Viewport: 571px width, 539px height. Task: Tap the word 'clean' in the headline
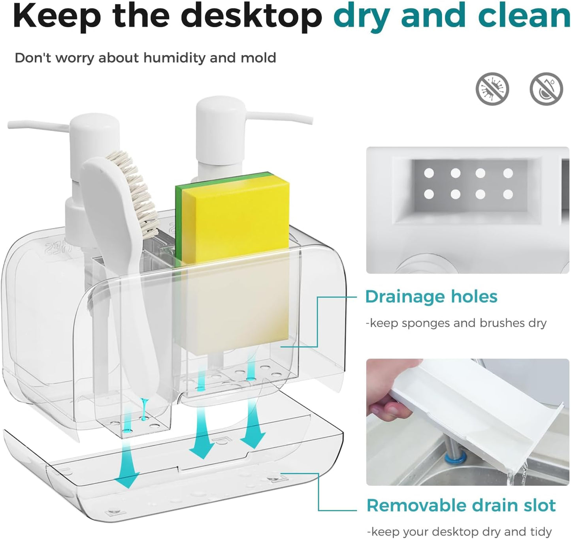[x=524, y=15]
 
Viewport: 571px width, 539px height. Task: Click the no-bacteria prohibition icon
[x=492, y=89]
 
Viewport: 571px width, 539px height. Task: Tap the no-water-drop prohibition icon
[x=546, y=89]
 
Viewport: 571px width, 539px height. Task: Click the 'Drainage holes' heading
[x=431, y=297]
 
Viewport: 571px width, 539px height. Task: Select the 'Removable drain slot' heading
[x=461, y=505]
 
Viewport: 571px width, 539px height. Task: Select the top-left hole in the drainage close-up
[x=429, y=173]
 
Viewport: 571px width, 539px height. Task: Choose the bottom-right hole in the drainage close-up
[x=508, y=195]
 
